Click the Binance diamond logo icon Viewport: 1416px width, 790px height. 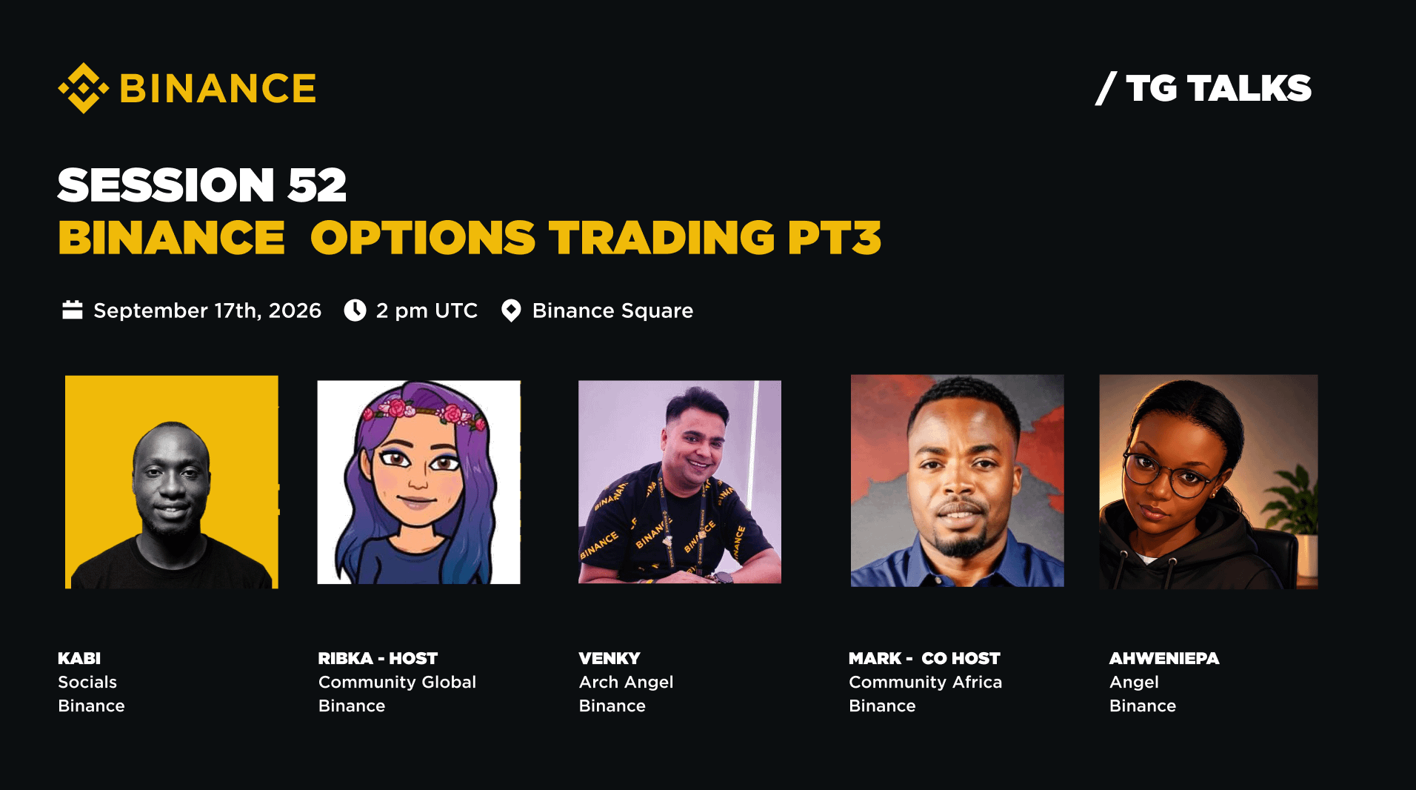[x=84, y=88]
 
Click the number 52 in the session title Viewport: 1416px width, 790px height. [x=317, y=185]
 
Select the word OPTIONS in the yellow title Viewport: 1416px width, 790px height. [x=423, y=238]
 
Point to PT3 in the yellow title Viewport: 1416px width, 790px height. [x=835, y=238]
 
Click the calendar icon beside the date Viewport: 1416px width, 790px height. [x=73, y=310]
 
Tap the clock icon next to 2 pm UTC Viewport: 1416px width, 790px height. [x=355, y=310]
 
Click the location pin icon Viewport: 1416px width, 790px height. [x=511, y=311]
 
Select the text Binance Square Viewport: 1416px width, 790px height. [x=612, y=311]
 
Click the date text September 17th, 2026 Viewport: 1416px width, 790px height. [x=207, y=311]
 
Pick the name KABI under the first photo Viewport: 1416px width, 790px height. [x=79, y=658]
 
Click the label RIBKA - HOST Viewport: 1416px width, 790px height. [x=378, y=658]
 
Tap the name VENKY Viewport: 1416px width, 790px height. [x=610, y=658]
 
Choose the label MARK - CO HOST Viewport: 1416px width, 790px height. [x=924, y=658]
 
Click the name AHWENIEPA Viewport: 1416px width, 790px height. [x=1164, y=658]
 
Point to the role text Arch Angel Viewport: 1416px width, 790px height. [x=626, y=682]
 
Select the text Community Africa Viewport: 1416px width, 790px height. [x=925, y=682]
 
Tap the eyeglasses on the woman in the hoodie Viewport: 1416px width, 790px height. [x=1170, y=475]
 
